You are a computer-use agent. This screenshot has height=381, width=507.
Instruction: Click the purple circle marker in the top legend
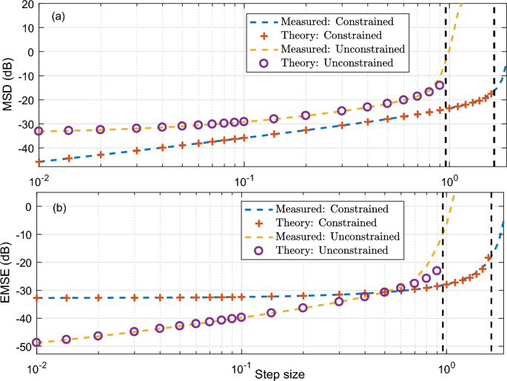[255, 64]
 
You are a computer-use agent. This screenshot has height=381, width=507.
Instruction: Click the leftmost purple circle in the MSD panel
[39, 131]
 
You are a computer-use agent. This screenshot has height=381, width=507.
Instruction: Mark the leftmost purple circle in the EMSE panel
[37, 343]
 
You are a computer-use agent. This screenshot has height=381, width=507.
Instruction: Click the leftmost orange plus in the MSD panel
[39, 161]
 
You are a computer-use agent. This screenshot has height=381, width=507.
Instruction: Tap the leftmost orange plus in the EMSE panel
[37, 298]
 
